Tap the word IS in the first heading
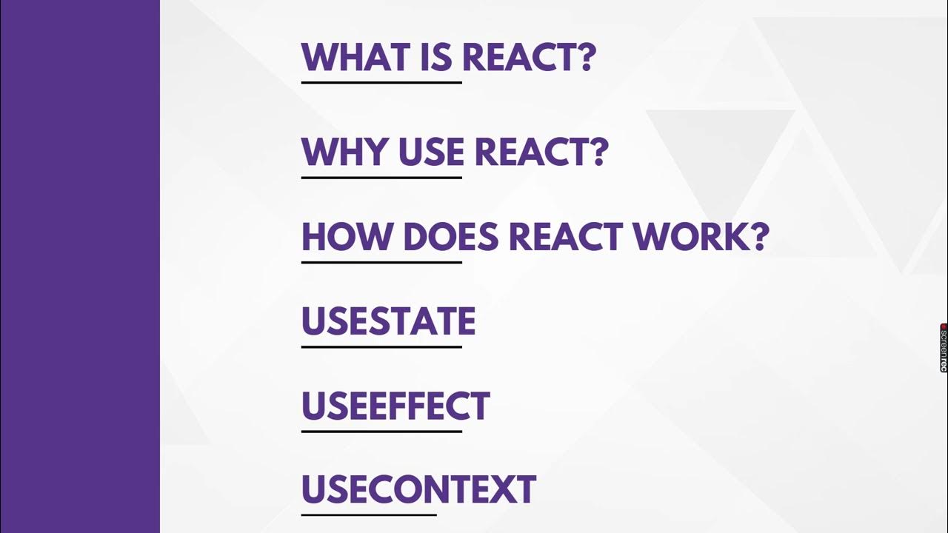(435, 57)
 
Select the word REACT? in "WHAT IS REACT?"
(529, 57)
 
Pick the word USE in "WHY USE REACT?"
(431, 152)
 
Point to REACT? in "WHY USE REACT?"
(541, 152)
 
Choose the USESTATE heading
(388, 321)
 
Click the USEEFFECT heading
(395, 406)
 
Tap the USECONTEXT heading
(418, 489)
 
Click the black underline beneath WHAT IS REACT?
(381, 82)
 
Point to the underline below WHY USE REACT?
(381, 178)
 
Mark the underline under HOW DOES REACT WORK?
(381, 262)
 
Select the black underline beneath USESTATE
(381, 346)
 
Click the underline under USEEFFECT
(381, 431)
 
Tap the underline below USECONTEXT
(369, 514)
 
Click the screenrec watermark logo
(944, 347)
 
